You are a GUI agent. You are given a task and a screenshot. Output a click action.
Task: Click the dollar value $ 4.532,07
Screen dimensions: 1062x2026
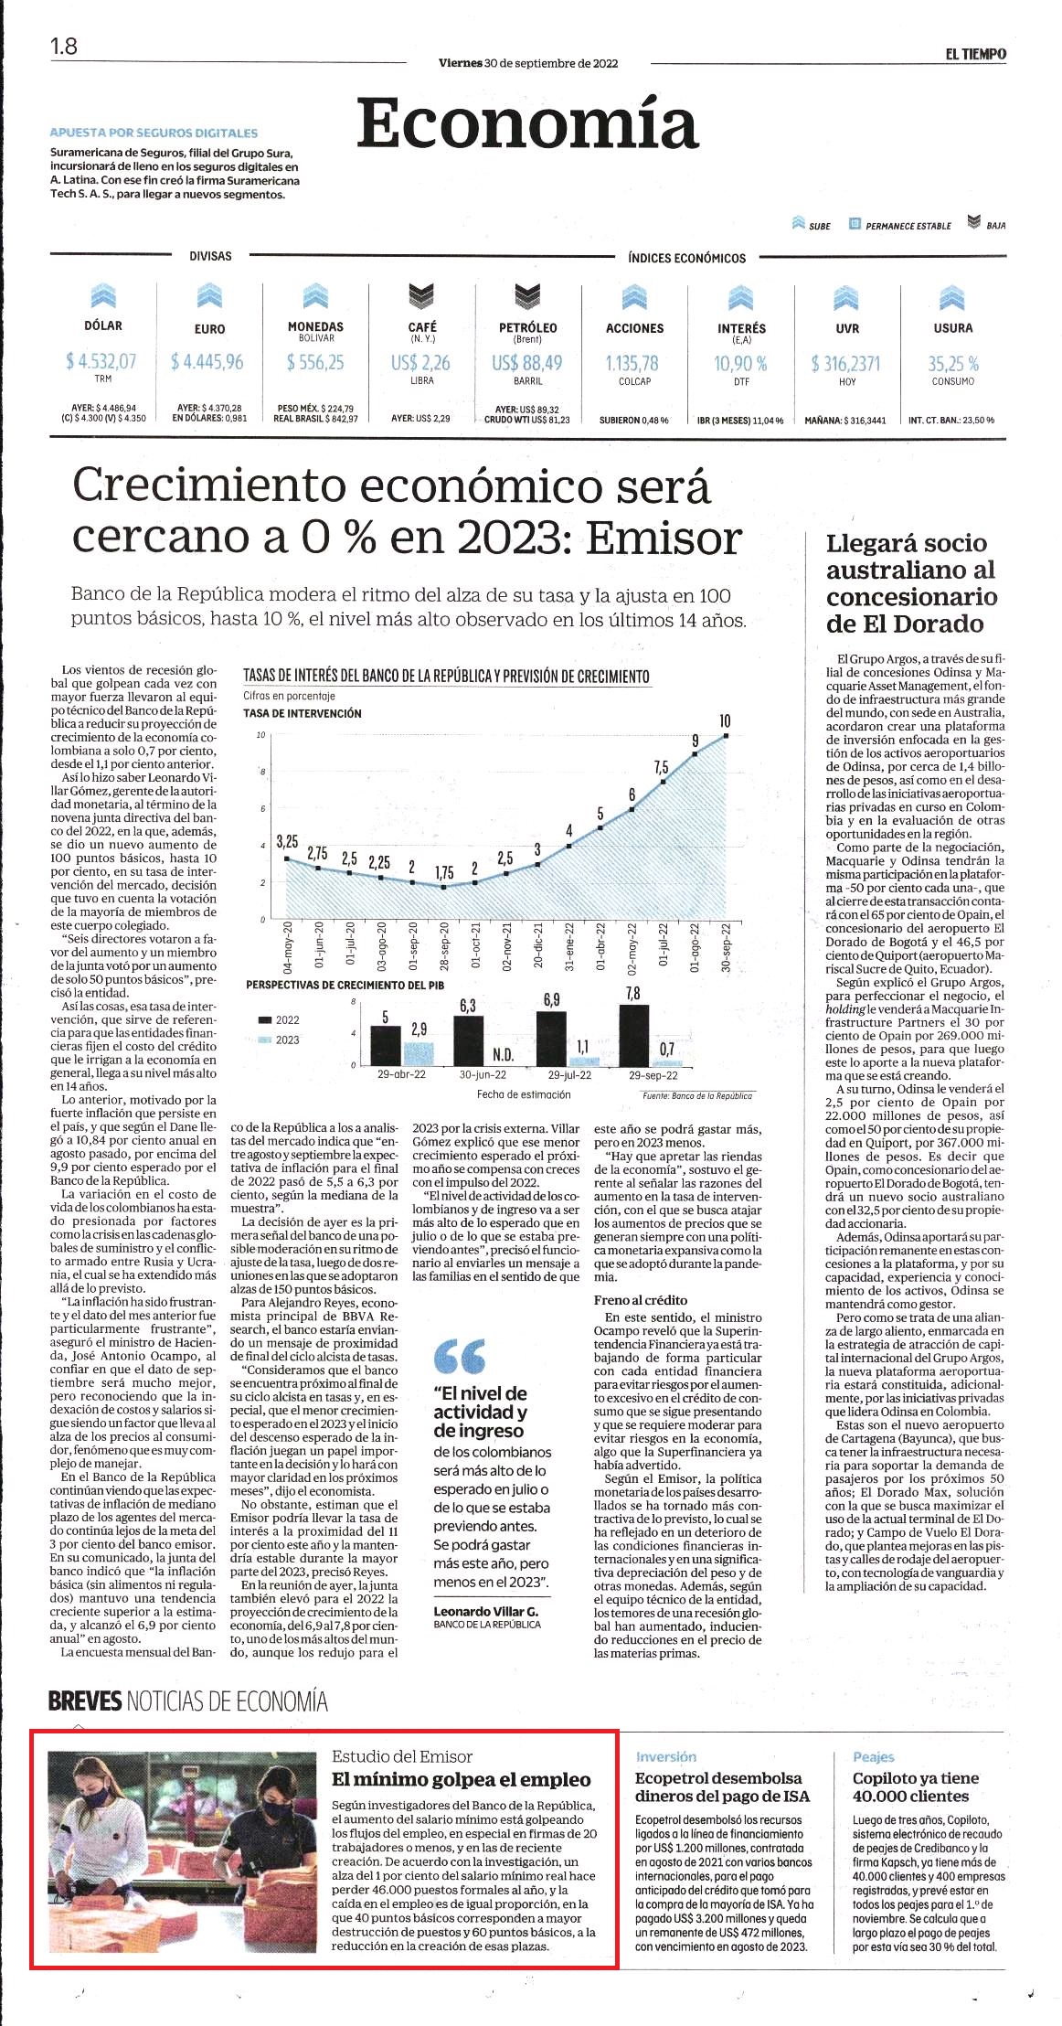[x=101, y=361]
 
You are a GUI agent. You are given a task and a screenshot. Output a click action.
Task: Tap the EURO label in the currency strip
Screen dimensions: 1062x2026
[x=209, y=328]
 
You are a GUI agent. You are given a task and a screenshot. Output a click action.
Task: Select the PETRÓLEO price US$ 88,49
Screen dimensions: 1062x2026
[x=527, y=363]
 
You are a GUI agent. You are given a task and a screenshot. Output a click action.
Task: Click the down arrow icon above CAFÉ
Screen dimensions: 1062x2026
[x=421, y=295]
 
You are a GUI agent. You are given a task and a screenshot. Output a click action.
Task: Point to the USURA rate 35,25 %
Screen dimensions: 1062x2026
[x=953, y=363]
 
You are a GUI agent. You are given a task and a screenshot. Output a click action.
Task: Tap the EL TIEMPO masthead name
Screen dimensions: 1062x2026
[x=976, y=54]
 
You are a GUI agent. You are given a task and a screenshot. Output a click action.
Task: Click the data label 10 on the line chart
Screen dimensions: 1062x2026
[x=726, y=720]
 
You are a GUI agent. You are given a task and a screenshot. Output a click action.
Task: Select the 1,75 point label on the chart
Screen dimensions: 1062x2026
[x=444, y=873]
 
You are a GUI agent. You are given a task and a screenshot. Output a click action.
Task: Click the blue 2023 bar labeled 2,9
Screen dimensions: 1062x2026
[x=418, y=1054]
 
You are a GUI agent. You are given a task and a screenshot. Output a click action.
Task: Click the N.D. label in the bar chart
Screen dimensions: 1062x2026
[x=504, y=1055]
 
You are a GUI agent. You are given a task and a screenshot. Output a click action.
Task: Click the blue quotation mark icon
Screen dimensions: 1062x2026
[x=460, y=1357]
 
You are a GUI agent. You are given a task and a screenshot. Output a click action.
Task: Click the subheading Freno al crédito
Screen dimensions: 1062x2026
[x=641, y=1299]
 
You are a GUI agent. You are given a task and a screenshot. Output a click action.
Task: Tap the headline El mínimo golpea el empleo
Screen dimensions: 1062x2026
[x=462, y=1779]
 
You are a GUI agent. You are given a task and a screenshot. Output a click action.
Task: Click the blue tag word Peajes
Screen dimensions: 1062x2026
[x=874, y=1756]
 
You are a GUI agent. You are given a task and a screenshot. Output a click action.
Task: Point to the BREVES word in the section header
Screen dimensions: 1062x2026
[x=85, y=1701]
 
